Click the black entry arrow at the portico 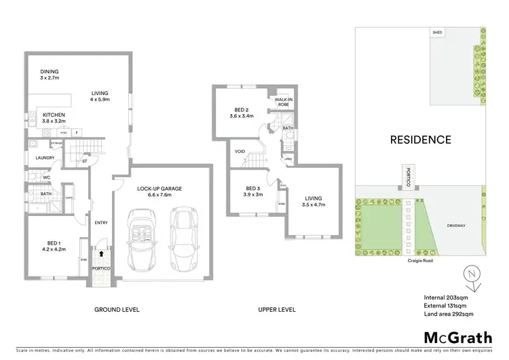(x=102, y=253)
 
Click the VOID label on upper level (x=240, y=151)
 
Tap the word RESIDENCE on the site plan (x=420, y=140)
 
